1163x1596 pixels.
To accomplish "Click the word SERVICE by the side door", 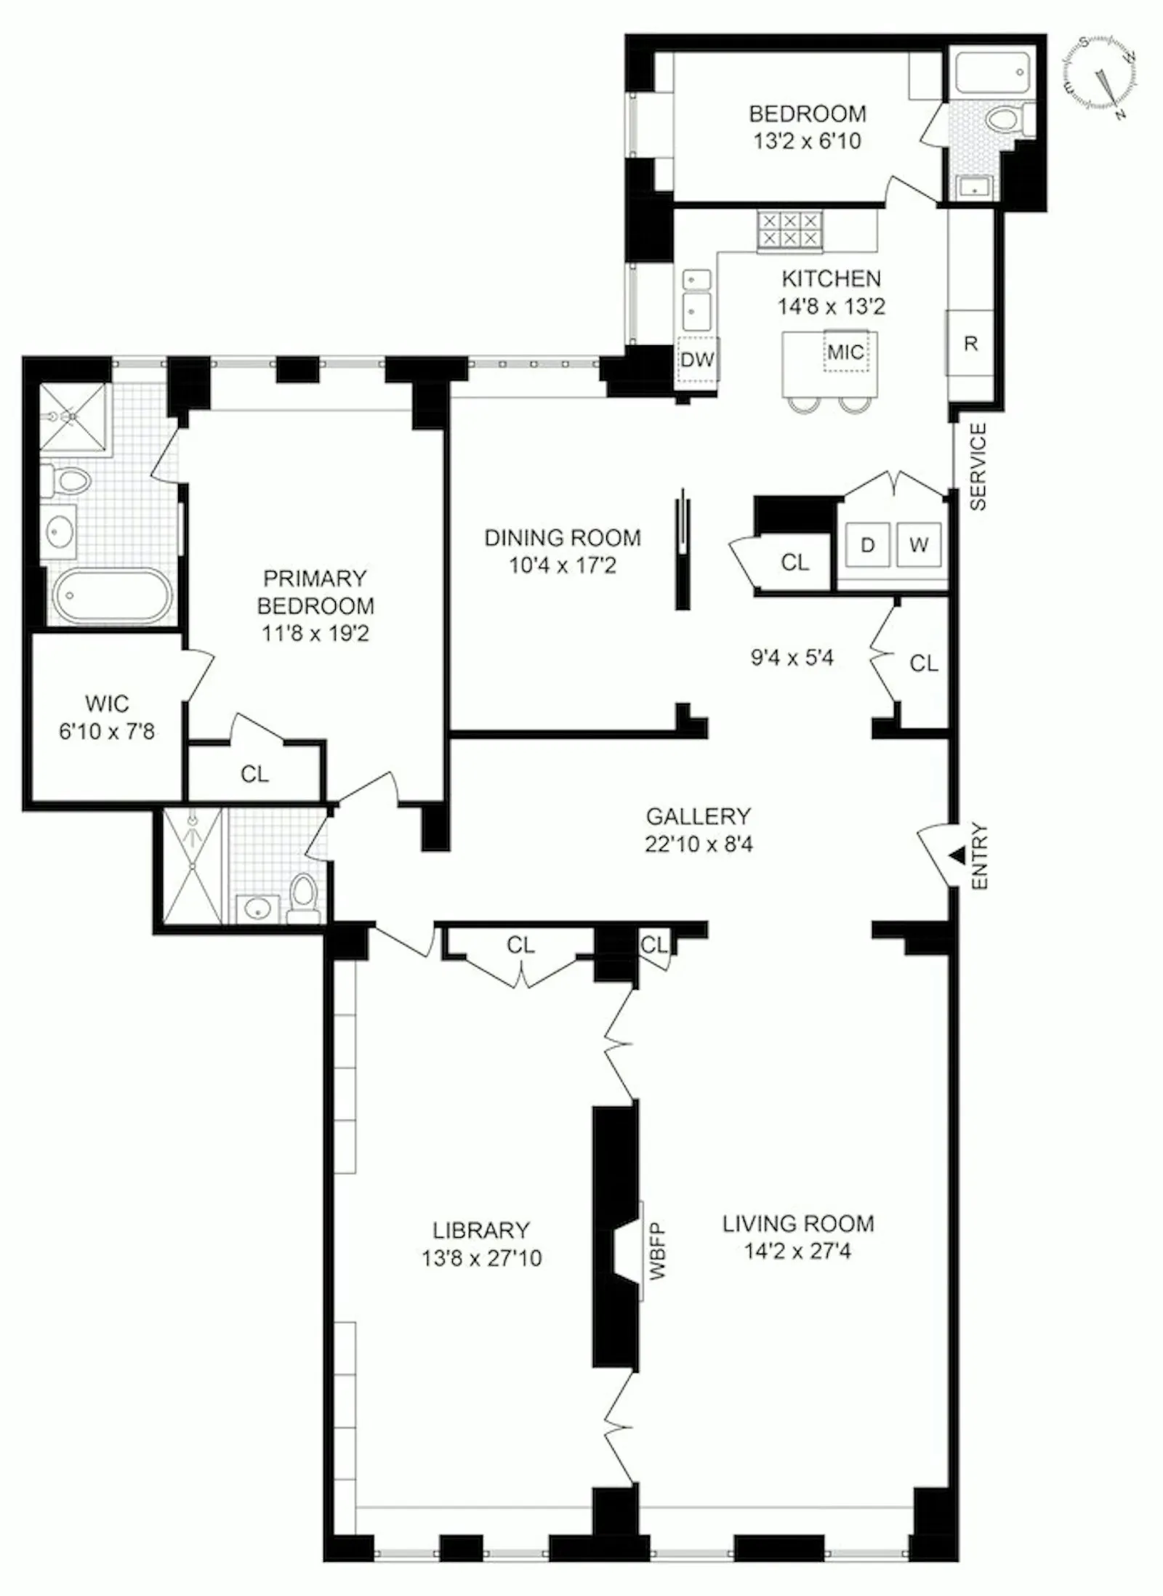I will coord(978,467).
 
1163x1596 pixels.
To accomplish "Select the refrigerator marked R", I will coord(970,343).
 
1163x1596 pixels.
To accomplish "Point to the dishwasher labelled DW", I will coord(698,359).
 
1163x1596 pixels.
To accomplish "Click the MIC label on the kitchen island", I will coord(846,352).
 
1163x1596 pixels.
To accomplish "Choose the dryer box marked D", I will coord(867,545).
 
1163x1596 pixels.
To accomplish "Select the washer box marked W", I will coord(919,545).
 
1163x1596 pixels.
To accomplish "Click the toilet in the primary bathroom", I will coord(69,480).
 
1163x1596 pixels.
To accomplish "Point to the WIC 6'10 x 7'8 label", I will coord(107,717).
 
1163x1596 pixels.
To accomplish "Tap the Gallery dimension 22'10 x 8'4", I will coord(698,845).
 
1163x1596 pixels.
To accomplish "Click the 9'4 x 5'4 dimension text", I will coord(792,658).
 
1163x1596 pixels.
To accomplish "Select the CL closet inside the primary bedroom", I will coord(254,774).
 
